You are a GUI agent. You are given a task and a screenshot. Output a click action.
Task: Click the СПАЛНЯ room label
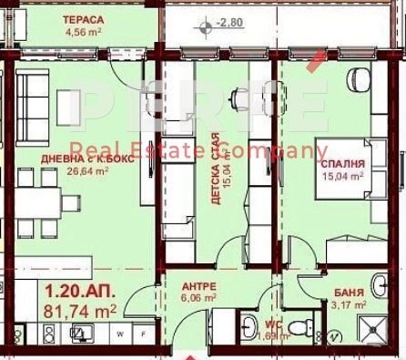tap(343, 165)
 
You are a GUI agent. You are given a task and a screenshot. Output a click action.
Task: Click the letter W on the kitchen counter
tap(119, 334)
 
